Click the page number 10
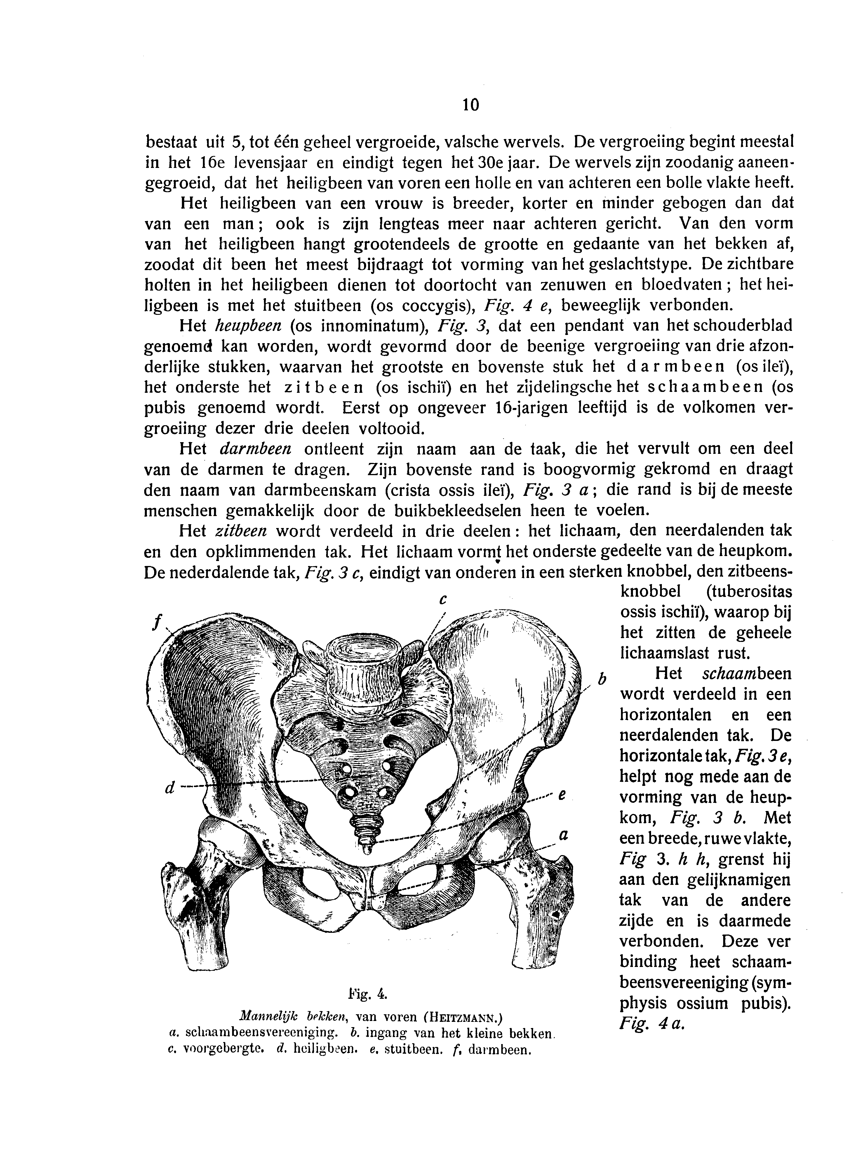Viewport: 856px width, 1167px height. (471, 105)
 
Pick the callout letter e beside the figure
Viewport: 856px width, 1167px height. (562, 795)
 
